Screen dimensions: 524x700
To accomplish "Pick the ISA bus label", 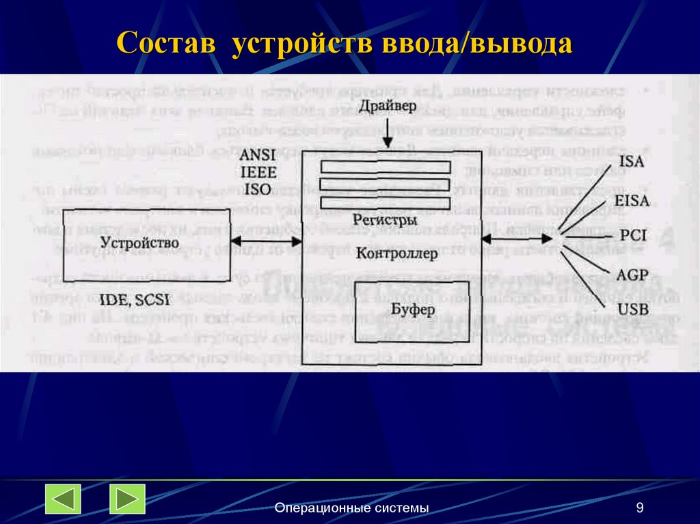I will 630,163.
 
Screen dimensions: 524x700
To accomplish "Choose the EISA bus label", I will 632,200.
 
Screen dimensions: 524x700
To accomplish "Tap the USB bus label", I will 632,309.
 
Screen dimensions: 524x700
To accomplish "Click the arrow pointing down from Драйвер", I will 388,133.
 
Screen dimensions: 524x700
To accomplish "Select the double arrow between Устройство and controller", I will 267,241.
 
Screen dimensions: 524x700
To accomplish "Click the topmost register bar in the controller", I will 386,167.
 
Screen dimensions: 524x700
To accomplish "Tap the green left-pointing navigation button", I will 64,499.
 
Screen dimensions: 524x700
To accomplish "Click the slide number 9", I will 640,507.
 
